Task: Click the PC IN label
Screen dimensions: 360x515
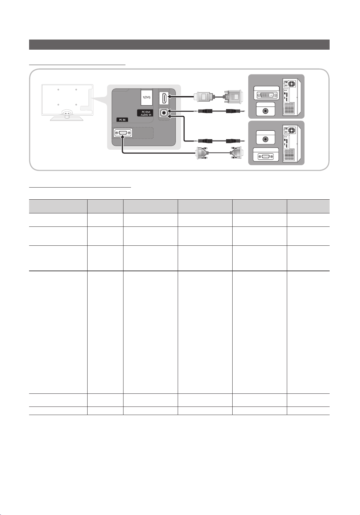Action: [x=122, y=120]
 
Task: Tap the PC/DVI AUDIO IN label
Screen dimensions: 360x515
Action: [x=146, y=113]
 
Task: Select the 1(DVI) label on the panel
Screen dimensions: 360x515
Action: [x=146, y=97]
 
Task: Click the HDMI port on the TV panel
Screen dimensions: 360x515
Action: [x=164, y=98]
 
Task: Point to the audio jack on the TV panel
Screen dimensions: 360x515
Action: [x=164, y=113]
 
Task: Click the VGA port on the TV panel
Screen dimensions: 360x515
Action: [x=123, y=133]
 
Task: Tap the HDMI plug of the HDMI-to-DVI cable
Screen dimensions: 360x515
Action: [x=203, y=97]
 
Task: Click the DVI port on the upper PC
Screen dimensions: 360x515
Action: [x=267, y=95]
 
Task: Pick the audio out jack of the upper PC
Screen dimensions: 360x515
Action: [x=266, y=111]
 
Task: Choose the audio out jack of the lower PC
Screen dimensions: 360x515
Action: [x=266, y=139]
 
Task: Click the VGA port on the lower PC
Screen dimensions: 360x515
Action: [x=266, y=157]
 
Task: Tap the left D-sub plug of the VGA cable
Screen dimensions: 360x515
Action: [x=202, y=153]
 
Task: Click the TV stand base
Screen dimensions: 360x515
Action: [x=67, y=118]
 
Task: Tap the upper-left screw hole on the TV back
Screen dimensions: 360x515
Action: [x=58, y=90]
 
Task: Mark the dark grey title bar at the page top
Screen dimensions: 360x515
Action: [x=179, y=44]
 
